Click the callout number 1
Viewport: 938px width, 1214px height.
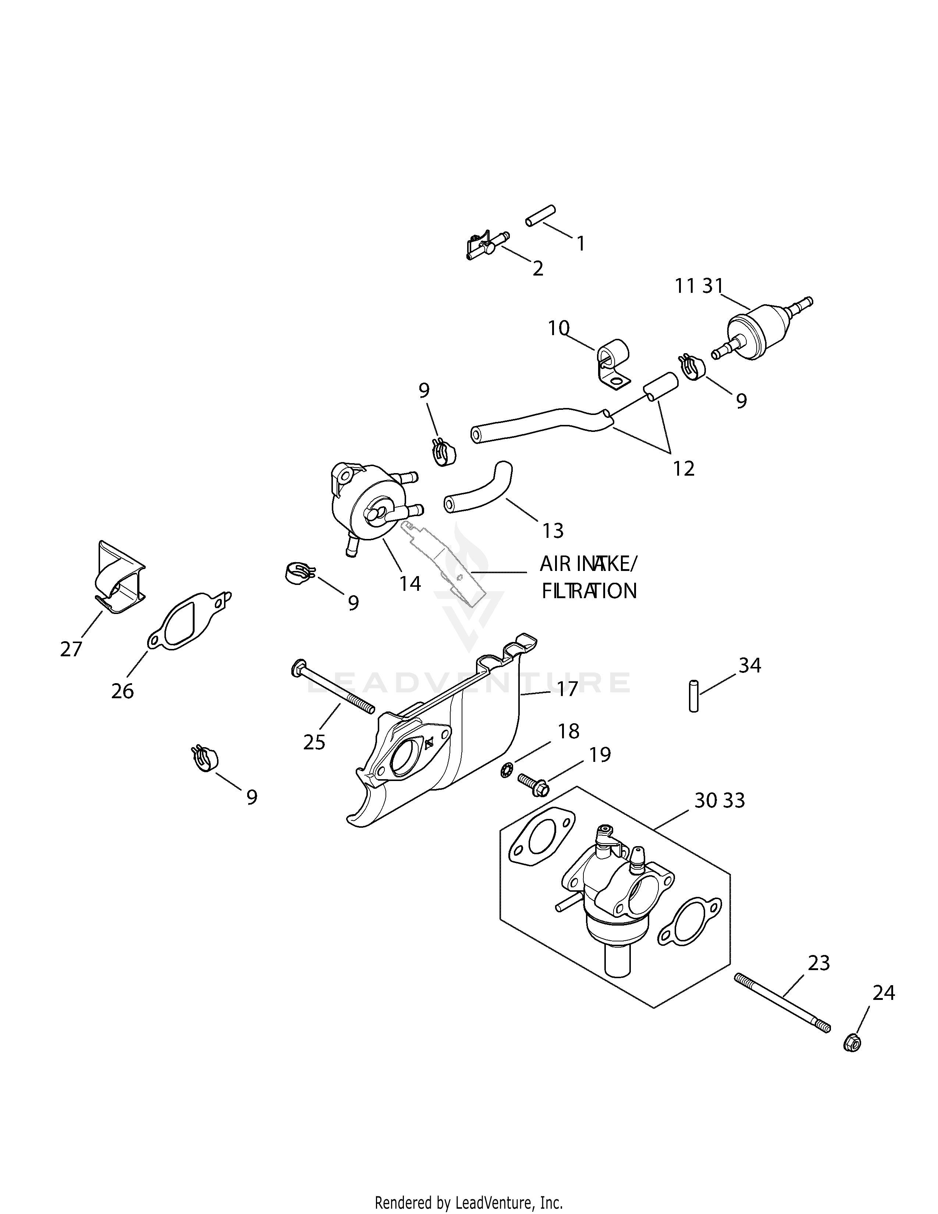point(581,244)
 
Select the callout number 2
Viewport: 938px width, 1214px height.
point(538,269)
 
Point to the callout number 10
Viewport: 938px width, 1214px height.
point(558,329)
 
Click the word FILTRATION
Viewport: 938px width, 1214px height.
point(589,591)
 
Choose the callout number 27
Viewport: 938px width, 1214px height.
point(71,649)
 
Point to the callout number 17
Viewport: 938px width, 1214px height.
point(568,689)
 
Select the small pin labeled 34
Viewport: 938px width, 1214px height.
point(693,695)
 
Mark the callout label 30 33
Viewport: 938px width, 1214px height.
point(720,801)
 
